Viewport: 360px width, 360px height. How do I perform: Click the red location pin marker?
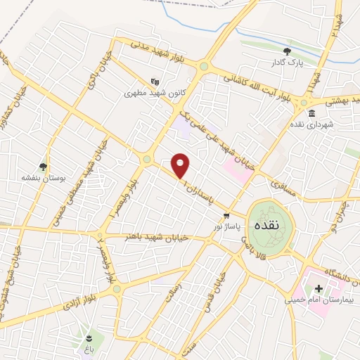pyautogui.click(x=181, y=165)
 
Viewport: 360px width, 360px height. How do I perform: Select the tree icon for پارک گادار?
pyautogui.click(x=287, y=51)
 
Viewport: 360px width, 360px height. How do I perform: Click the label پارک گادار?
pyautogui.click(x=287, y=63)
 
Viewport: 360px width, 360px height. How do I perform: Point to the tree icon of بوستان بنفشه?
pyautogui.click(x=44, y=167)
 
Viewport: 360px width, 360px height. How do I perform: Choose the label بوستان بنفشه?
pyautogui.click(x=44, y=179)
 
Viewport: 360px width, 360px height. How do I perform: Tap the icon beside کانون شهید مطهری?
pyautogui.click(x=155, y=80)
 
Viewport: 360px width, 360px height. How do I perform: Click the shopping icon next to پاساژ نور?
pyautogui.click(x=226, y=215)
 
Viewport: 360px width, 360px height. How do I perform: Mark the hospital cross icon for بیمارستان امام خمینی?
pyautogui.click(x=319, y=288)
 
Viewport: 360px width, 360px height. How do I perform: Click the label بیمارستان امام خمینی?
pyautogui.click(x=317, y=300)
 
